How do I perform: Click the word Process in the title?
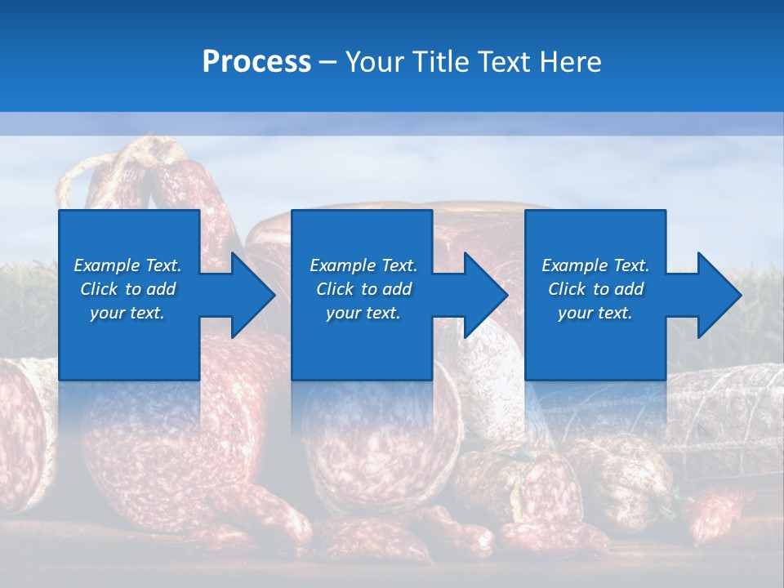[256, 62]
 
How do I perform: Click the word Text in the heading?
[503, 62]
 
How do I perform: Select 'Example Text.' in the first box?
[127, 265]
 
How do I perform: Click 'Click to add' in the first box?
[127, 289]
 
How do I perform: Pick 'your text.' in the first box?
[127, 313]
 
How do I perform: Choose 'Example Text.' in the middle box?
[363, 265]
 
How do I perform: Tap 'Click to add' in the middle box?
[363, 289]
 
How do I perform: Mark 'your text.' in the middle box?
[363, 313]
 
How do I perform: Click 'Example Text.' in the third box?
[595, 265]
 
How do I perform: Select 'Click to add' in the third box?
[595, 289]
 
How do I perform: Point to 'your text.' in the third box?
[595, 313]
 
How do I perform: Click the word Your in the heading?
[373, 62]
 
